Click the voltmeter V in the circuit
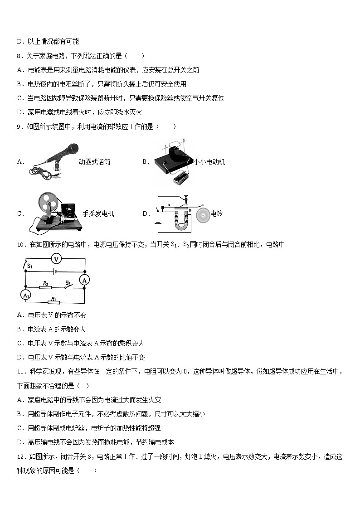pyautogui.click(x=56, y=259)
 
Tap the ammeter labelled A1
pyautogui.click(x=25, y=295)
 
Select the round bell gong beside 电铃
pyautogui.click(x=204, y=214)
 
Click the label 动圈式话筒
pyautogui.click(x=94, y=162)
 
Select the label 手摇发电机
pyautogui.click(x=98, y=214)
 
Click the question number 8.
pyautogui.click(x=19, y=56)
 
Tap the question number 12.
pyautogui.click(x=20, y=456)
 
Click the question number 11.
pyautogui.click(x=20, y=372)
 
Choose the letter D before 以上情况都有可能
pyautogui.click(x=19, y=42)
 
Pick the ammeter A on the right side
pyautogui.click(x=84, y=281)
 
